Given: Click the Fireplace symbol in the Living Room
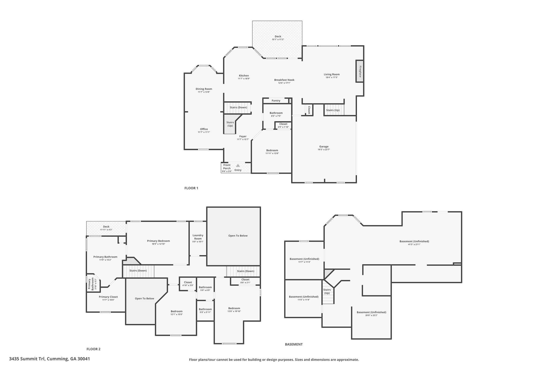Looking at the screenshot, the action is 359,71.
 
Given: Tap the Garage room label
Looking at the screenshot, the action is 324,147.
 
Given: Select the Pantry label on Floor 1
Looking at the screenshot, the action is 276,101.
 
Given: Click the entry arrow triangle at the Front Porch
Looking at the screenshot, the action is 238,166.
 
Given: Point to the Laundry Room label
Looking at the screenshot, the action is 198,237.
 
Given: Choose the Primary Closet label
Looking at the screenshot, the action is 108,297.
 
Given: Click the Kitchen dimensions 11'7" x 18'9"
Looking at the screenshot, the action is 244,79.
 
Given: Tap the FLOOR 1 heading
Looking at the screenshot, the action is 191,188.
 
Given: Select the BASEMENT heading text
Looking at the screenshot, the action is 294,344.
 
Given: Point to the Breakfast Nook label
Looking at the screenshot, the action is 284,80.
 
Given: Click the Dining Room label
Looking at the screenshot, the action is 204,89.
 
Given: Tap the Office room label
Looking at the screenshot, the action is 204,129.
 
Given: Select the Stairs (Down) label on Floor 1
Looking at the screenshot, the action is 238,107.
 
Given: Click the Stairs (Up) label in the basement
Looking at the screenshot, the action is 327,291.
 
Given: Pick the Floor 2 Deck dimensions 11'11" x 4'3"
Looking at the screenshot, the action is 106,230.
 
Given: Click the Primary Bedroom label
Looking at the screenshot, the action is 158,241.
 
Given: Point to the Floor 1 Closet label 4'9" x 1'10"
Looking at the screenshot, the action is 283,127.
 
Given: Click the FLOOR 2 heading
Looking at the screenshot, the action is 93,349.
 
